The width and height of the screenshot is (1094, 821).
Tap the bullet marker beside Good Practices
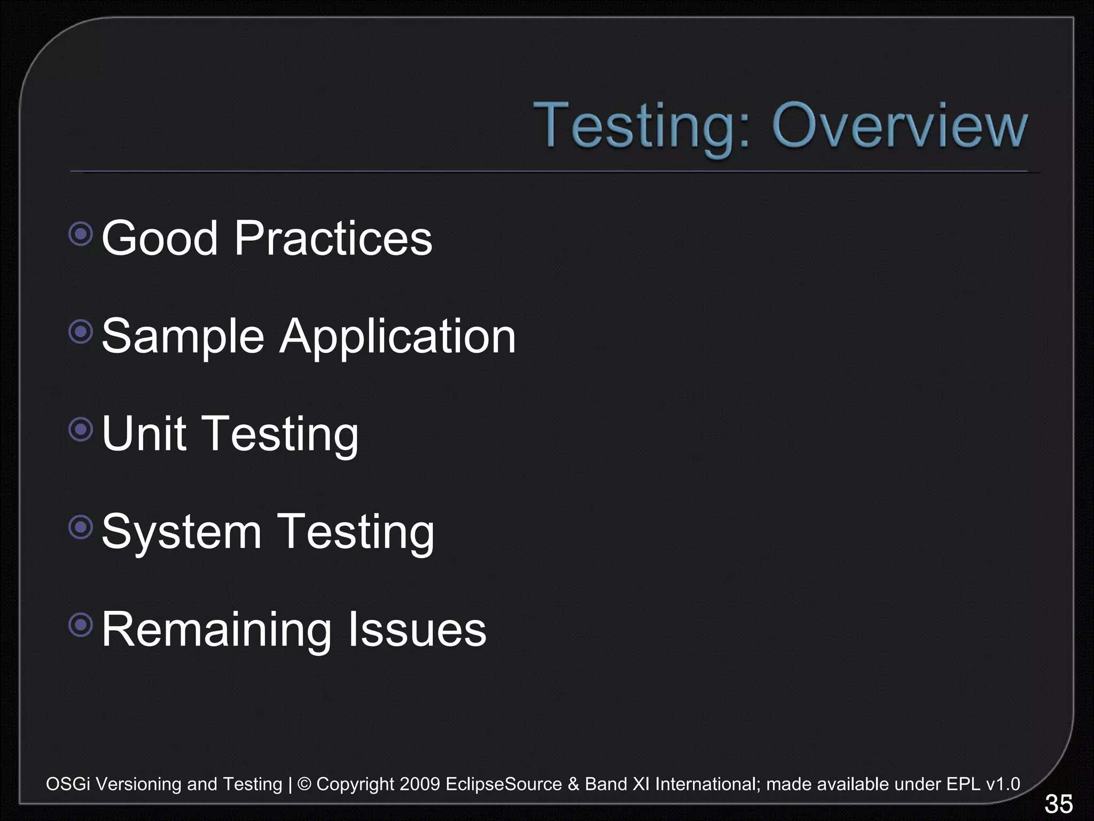pyautogui.click(x=81, y=234)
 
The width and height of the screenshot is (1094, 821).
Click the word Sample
pyautogui.click(x=183, y=337)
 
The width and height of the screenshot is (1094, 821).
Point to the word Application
pyautogui.click(x=397, y=337)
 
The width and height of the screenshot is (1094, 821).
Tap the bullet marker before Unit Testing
pyautogui.click(x=81, y=429)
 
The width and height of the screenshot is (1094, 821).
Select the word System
pyautogui.click(x=181, y=532)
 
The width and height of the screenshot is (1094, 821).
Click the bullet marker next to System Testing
pyautogui.click(x=81, y=527)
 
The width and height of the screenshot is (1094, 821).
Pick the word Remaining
pyautogui.click(x=216, y=630)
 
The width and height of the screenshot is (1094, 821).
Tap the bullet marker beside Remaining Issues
pyautogui.click(x=81, y=624)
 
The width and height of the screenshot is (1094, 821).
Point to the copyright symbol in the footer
pyautogui.click(x=304, y=784)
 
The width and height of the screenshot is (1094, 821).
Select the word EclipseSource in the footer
pyautogui.click(x=504, y=784)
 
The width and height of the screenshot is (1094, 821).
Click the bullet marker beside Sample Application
pyautogui.click(x=81, y=332)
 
